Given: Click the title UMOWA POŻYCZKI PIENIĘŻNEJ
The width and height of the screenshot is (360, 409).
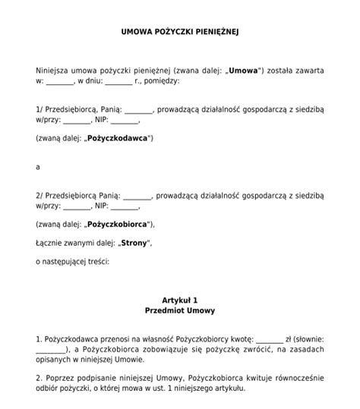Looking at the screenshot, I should coord(180,33).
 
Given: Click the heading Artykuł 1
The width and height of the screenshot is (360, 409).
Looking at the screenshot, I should coord(180,300).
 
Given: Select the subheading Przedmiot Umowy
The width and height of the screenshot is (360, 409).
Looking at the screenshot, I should coord(180,310).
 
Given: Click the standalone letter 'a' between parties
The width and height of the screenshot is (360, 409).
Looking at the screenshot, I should coord(37,166).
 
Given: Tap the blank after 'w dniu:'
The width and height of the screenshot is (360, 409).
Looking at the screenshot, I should coord(118,80).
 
